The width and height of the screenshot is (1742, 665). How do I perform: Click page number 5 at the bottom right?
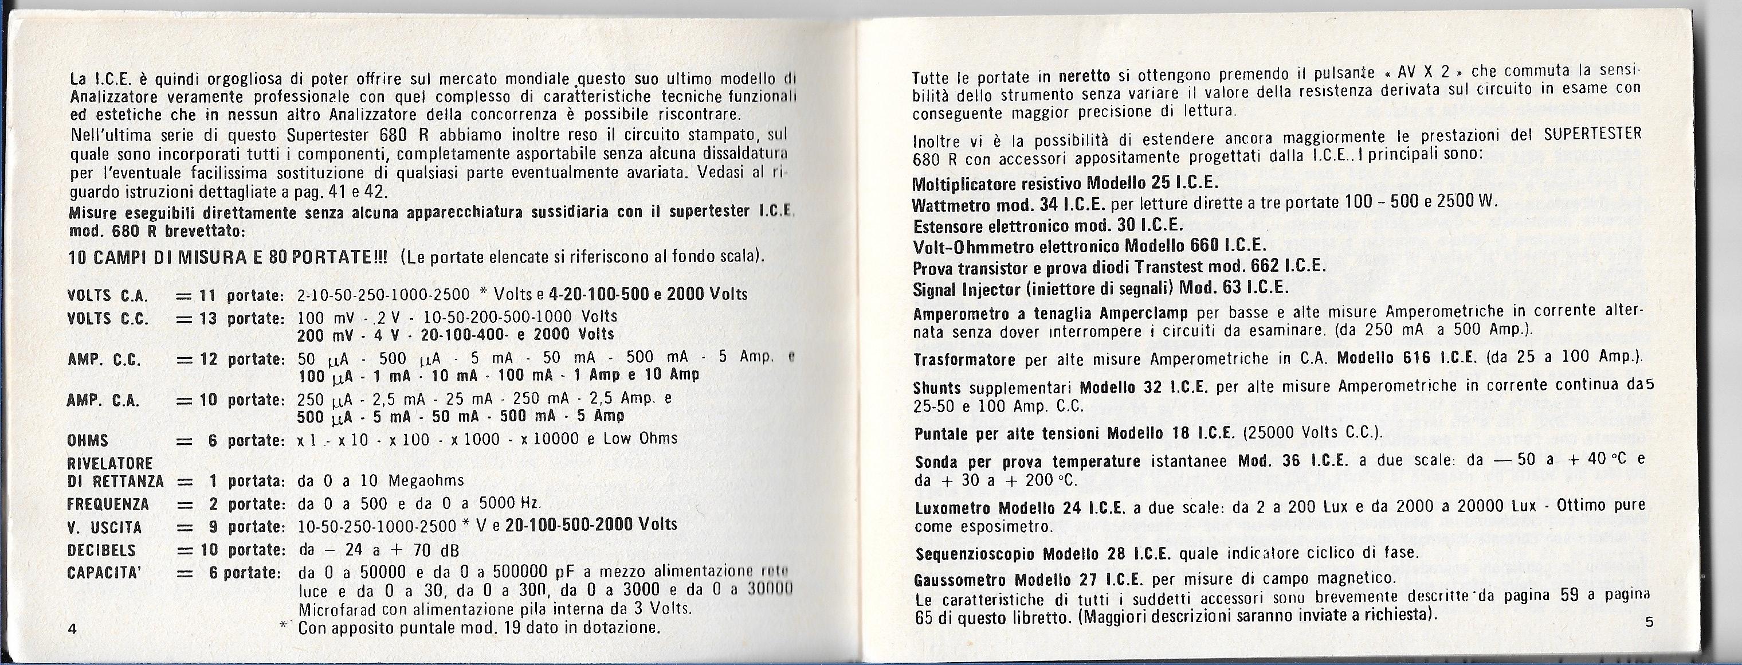click(1649, 623)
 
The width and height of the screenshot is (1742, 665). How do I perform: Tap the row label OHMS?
click(88, 441)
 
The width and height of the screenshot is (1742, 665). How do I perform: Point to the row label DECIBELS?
click(101, 550)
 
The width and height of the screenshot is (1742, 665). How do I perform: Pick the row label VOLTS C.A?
click(108, 296)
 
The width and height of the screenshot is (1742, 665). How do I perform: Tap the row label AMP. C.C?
click(104, 360)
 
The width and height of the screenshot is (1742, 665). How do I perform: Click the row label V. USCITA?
click(104, 527)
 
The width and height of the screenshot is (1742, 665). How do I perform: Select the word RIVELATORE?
click(110, 463)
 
